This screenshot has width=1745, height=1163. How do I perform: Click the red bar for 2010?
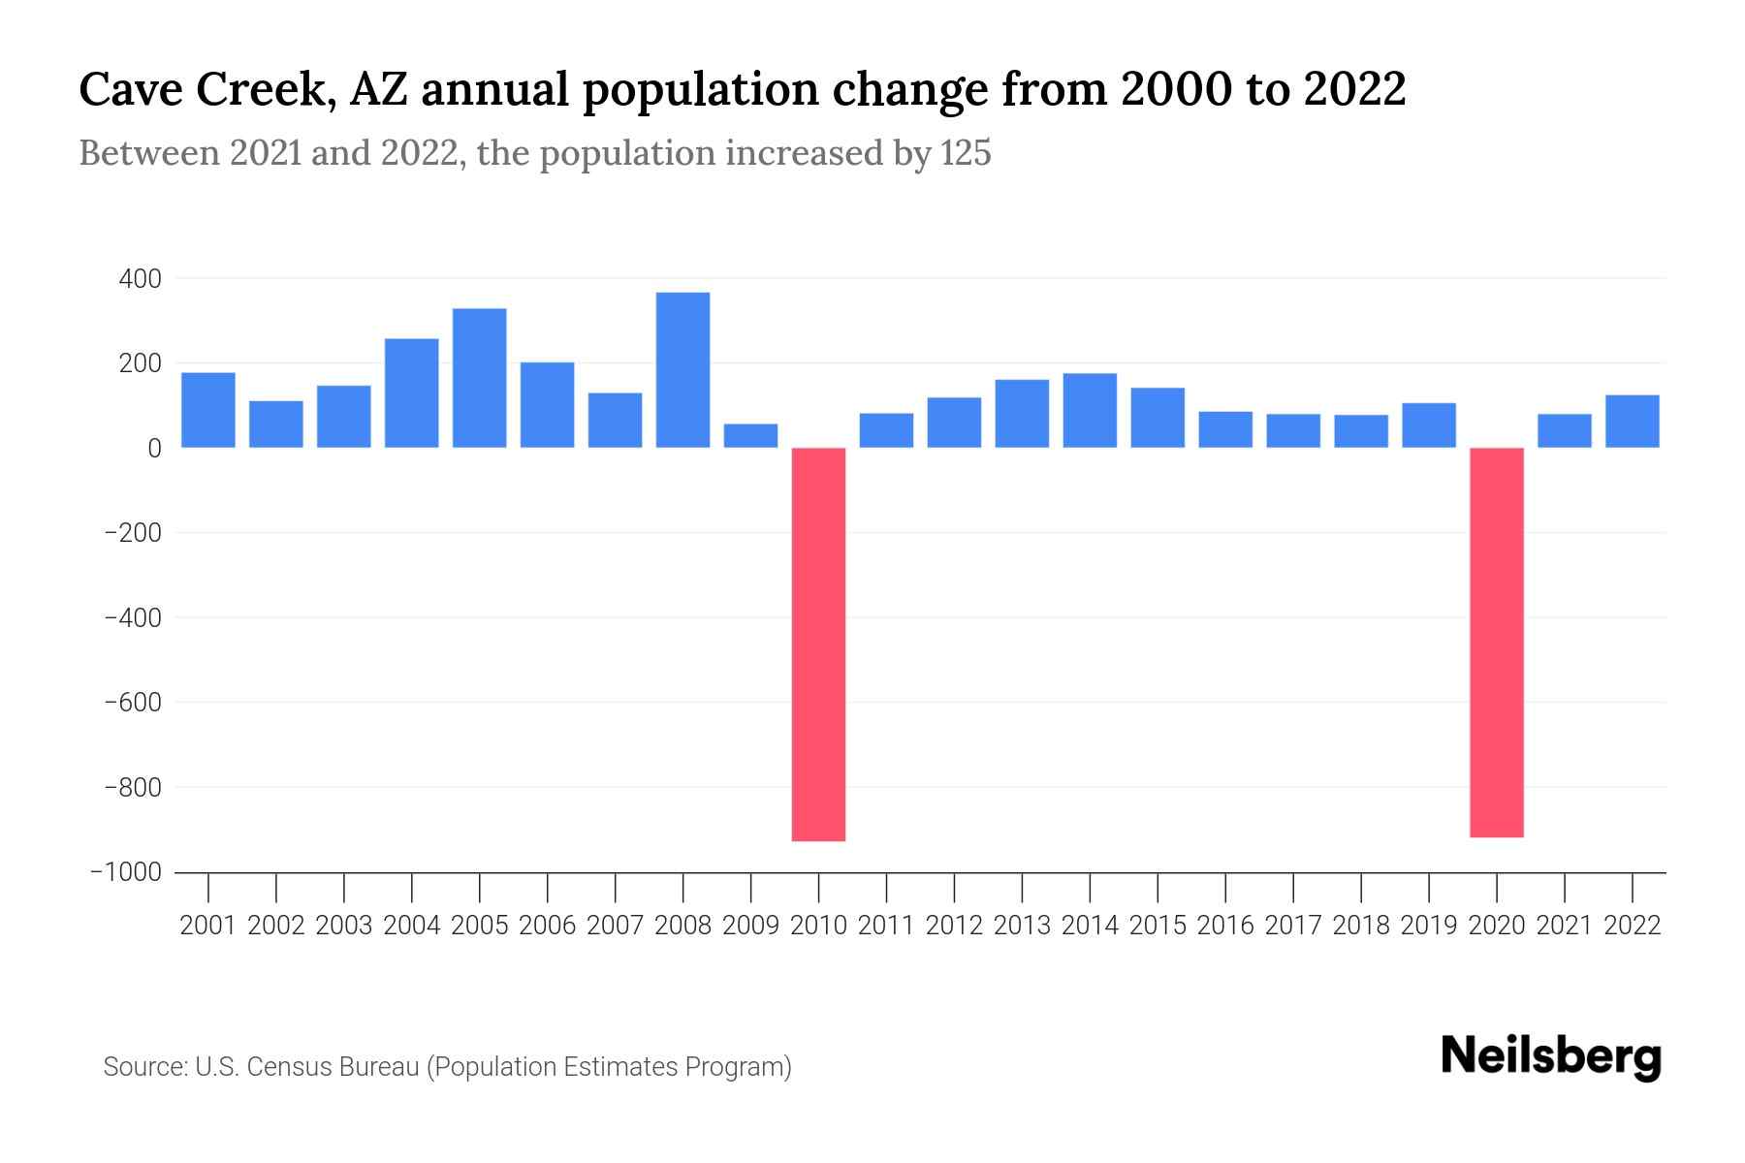818,644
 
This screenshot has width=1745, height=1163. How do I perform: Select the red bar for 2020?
1496,642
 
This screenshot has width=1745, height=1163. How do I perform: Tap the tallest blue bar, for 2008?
682,369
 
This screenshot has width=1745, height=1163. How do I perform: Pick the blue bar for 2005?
479,378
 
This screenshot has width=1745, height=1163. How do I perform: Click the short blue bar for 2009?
750,435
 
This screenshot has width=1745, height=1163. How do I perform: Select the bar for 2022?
1632,421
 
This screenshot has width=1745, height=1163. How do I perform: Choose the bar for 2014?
1090,410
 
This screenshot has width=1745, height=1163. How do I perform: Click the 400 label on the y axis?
140,279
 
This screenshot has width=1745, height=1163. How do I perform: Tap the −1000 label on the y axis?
126,872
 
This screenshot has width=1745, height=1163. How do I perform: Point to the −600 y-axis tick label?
133,703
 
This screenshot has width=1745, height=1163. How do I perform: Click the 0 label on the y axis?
153,449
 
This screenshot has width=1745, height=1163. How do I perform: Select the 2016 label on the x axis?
1225,926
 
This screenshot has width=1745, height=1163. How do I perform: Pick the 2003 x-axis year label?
344,926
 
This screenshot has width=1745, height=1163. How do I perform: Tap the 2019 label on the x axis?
1428,926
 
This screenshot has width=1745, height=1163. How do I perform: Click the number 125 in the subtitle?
966,153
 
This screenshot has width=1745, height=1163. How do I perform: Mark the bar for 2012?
954,423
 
